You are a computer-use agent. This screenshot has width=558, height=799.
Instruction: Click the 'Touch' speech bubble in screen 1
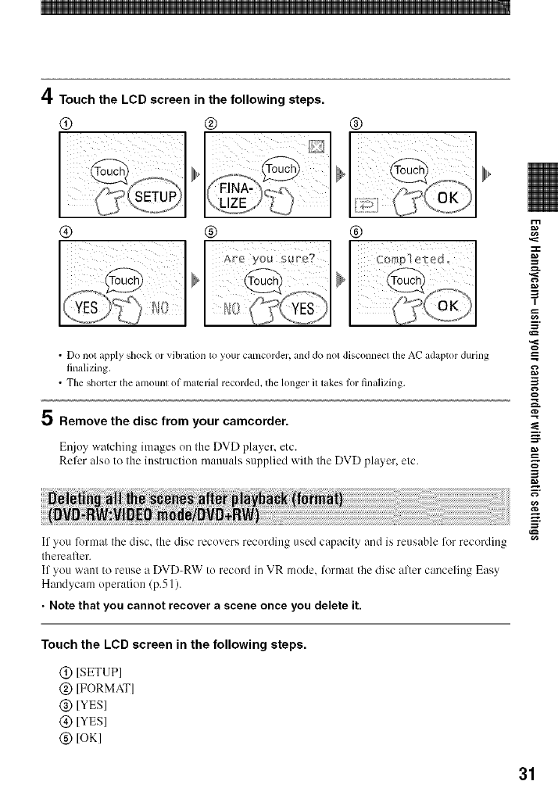(x=113, y=171)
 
